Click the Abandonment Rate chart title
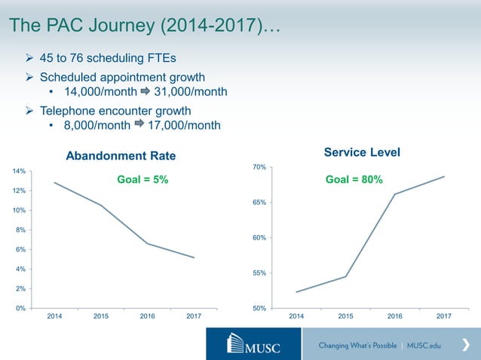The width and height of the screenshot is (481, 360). pos(121,156)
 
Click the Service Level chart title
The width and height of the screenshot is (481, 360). pos(362,153)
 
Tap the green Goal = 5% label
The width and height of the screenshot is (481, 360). pos(142,180)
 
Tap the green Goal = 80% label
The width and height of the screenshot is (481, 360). pos(354,180)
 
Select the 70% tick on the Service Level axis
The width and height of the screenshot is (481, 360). pos(259,167)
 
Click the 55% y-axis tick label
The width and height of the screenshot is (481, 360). pos(259,273)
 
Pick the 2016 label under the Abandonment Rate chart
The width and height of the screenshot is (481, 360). pos(147,317)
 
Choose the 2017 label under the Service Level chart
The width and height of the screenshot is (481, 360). pos(443,317)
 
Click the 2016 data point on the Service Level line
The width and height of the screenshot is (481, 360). pos(394,194)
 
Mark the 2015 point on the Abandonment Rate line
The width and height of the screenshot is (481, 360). pos(101,205)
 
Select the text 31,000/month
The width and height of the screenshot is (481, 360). pos(190,92)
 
